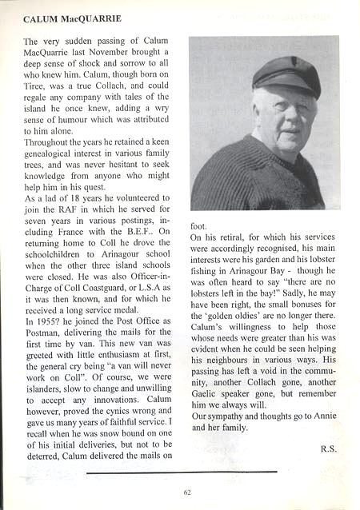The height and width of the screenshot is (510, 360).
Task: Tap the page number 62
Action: tap(186, 492)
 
